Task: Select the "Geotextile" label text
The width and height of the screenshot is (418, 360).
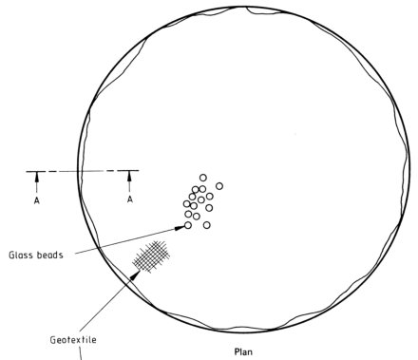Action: click(x=73, y=340)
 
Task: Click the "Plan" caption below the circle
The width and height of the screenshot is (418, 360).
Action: click(x=243, y=351)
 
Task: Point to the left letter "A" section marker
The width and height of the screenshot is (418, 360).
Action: click(x=37, y=200)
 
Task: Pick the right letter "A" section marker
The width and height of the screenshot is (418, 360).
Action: click(x=130, y=199)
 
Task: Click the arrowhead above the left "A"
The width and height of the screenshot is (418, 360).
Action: click(x=37, y=177)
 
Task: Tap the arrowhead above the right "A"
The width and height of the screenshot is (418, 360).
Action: click(x=129, y=177)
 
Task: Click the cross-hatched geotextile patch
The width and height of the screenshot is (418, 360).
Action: click(x=151, y=256)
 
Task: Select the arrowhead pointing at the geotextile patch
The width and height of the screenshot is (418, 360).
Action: click(x=135, y=275)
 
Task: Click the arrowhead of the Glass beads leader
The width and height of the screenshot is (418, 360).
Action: click(x=180, y=227)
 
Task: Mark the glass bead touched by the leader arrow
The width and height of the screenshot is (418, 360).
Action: click(x=188, y=225)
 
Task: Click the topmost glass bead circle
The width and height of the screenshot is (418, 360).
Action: click(x=203, y=178)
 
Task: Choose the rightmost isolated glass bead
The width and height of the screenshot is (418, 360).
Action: click(x=219, y=186)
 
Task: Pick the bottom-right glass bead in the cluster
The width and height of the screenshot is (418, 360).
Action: click(x=207, y=225)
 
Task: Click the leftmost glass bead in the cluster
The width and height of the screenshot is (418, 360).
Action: click(x=187, y=203)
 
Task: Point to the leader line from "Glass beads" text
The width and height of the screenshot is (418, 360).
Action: click(x=125, y=240)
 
